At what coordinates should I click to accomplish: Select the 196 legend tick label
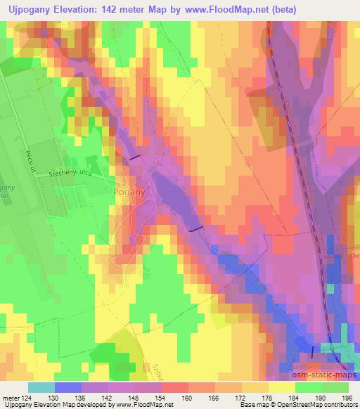click(x=347, y=398)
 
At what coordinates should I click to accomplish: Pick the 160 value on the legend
click(x=186, y=398)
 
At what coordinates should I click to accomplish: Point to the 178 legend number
click(x=266, y=398)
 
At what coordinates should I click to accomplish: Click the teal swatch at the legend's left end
click(x=41, y=387)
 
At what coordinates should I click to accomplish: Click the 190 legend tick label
click(x=320, y=398)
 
